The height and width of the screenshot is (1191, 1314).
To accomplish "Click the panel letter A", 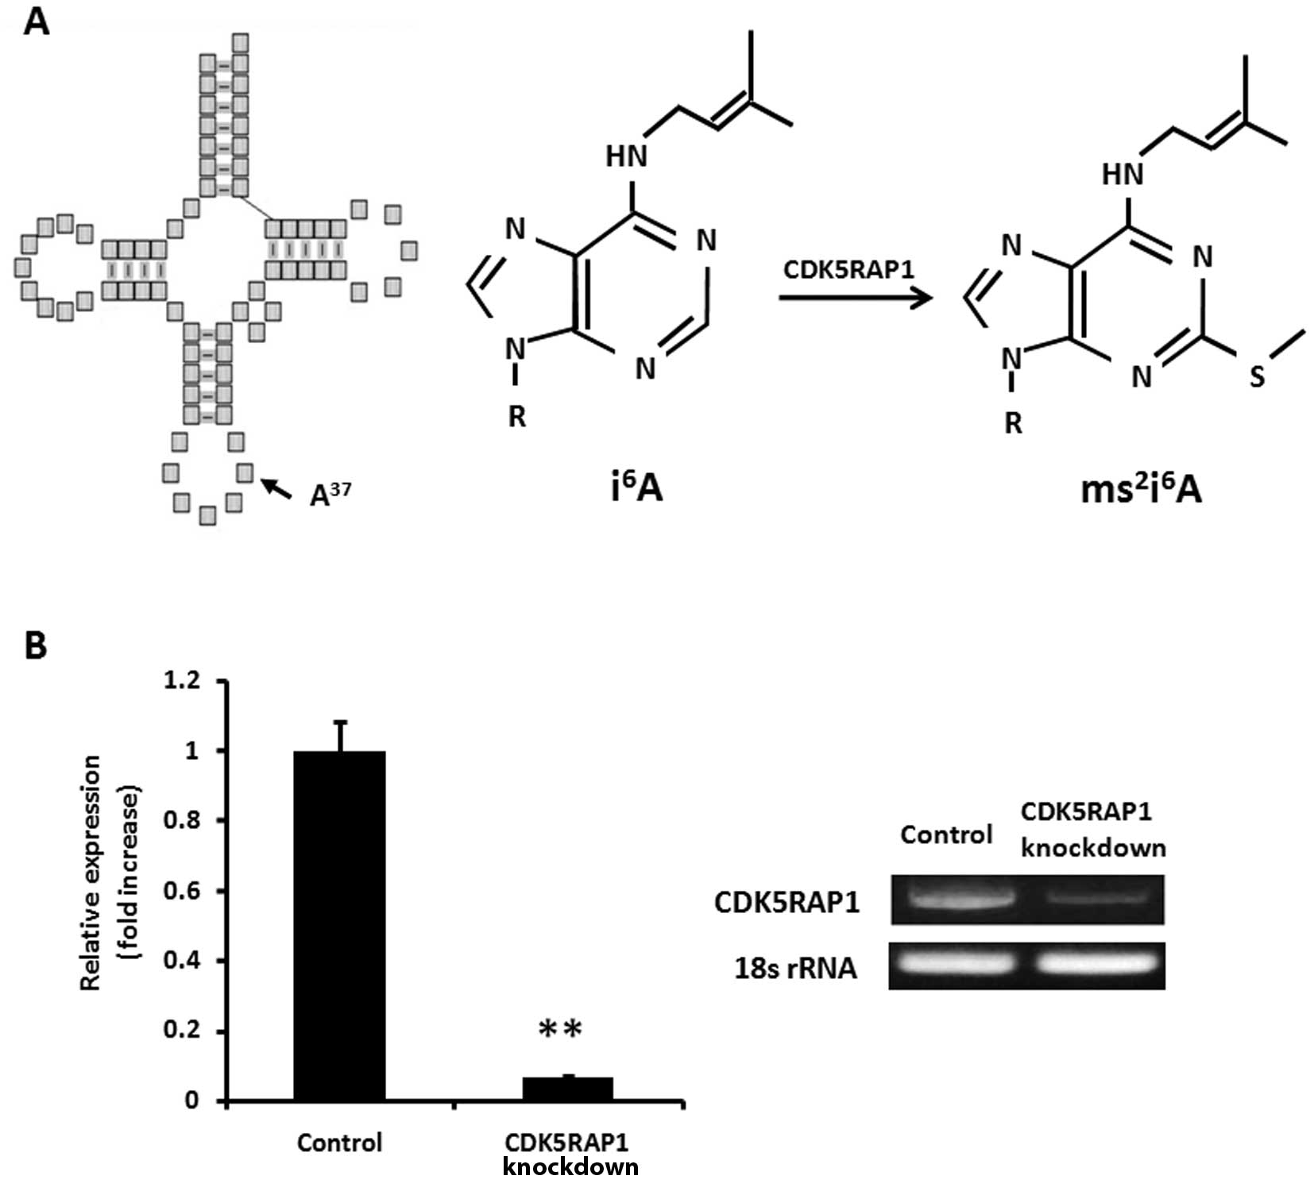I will (x=36, y=21).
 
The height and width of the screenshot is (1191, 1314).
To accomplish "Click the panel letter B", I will (x=36, y=646).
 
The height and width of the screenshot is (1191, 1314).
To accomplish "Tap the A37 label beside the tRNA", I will (x=330, y=494).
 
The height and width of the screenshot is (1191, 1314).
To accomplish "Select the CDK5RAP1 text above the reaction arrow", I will (x=848, y=270).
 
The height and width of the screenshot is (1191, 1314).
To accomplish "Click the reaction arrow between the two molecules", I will (x=854, y=299).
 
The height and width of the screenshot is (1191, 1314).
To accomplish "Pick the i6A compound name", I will (x=636, y=488).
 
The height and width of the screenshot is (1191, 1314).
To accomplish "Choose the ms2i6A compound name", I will (x=1140, y=490).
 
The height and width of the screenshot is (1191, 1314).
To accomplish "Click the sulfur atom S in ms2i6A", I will (x=1256, y=376).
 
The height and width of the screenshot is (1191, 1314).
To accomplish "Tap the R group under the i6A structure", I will (x=516, y=415).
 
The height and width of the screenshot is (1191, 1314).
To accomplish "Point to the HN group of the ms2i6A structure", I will (x=1122, y=174).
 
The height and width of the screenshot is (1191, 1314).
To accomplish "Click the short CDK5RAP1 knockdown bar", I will (x=567, y=1089).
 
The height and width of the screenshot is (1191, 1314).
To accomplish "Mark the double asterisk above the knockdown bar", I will (x=560, y=1030).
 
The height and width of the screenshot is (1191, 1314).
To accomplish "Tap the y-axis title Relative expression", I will (x=91, y=872).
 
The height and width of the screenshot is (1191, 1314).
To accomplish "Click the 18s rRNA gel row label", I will (x=795, y=968).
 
